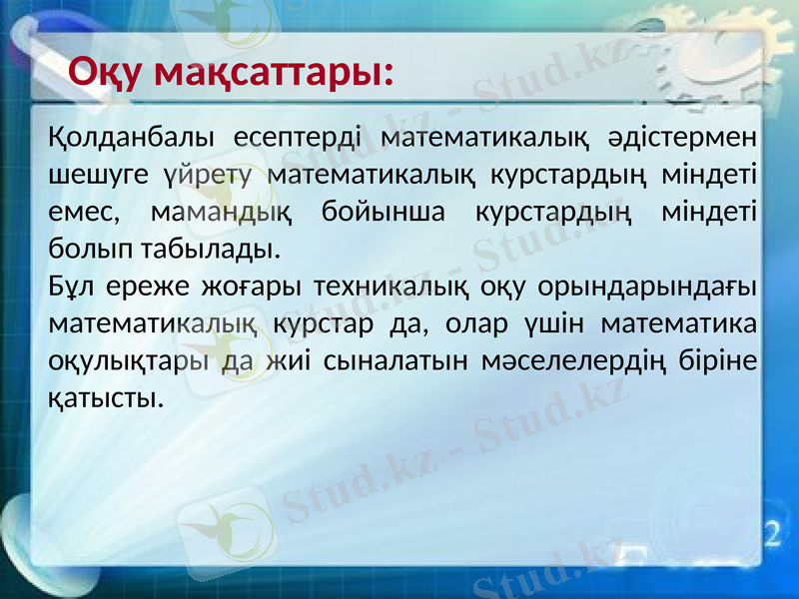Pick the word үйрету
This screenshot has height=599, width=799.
point(206,176)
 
